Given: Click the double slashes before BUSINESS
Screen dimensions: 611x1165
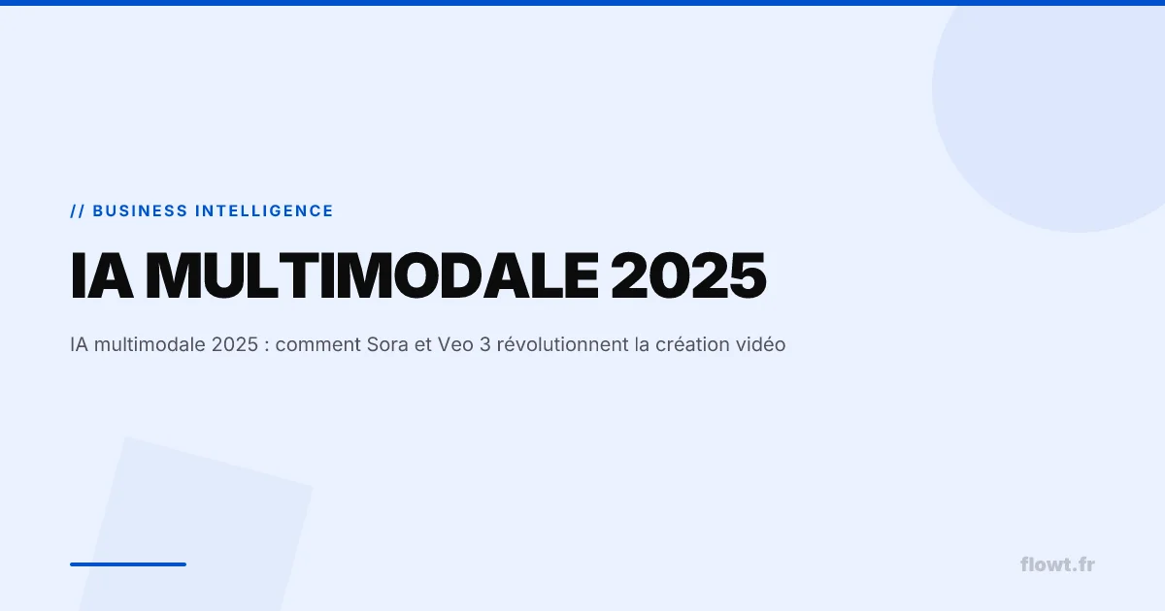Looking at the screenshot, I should pyautogui.click(x=77, y=211).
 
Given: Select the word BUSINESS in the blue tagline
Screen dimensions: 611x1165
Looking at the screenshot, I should pyautogui.click(x=140, y=211).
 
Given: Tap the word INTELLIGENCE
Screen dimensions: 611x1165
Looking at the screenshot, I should pyautogui.click(x=264, y=211).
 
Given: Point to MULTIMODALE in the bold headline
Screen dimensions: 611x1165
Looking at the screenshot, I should pyautogui.click(x=373, y=275).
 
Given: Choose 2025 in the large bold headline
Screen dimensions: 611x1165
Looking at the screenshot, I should pyautogui.click(x=688, y=275).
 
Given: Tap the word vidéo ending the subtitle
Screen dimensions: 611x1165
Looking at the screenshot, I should pyautogui.click(x=760, y=345).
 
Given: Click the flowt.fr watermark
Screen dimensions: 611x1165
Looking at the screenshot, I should pyautogui.click(x=1057, y=564).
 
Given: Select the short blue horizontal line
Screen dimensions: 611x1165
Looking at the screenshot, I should pyautogui.click(x=127, y=563).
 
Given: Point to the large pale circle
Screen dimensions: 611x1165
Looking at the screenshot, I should pyautogui.click(x=1058, y=107).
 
